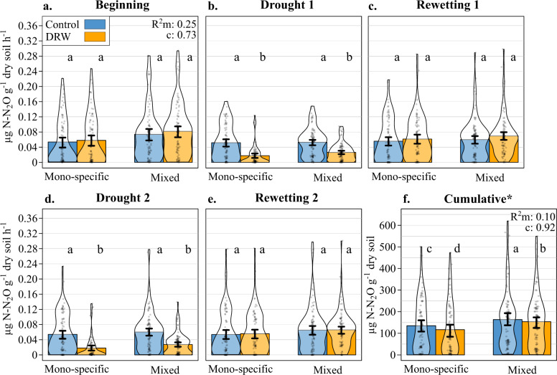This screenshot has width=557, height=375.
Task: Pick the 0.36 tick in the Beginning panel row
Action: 27,25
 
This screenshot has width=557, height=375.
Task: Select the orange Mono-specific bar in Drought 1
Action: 253,158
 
